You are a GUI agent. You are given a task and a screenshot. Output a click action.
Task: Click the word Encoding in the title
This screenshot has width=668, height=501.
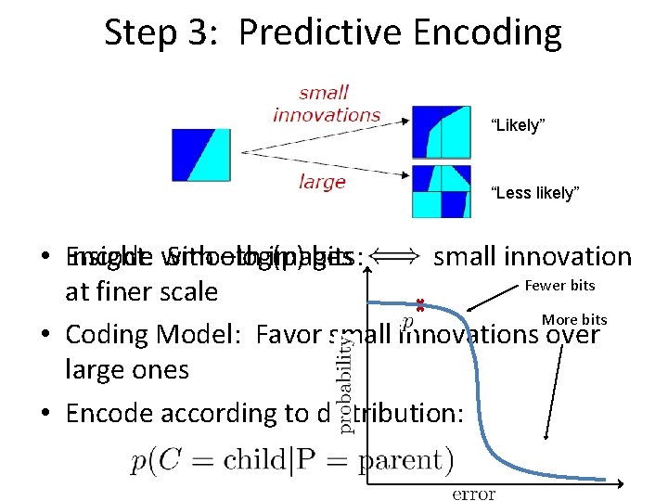point(488,32)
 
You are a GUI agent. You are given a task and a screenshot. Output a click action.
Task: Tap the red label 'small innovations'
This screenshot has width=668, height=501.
point(327,103)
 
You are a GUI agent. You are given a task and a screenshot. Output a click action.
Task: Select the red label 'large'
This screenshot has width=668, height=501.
point(322,181)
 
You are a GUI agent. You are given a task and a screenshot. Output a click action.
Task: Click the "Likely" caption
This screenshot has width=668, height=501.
point(516,126)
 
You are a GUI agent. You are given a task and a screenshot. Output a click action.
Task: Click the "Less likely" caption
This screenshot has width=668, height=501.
point(534,193)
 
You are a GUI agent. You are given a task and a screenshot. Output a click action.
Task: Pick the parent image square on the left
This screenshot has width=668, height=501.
point(200,155)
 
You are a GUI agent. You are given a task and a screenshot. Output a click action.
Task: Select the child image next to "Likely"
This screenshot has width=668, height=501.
point(441,131)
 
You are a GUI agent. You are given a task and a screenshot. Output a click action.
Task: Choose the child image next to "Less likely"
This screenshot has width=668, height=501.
point(441,191)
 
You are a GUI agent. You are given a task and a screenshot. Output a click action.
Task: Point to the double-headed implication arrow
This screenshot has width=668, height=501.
point(397,257)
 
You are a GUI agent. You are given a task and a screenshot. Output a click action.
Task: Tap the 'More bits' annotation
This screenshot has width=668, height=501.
point(574,319)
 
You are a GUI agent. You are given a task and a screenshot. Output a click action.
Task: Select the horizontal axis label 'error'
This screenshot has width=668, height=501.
point(473,494)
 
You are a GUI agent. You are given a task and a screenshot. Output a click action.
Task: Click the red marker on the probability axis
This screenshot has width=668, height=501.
point(419,303)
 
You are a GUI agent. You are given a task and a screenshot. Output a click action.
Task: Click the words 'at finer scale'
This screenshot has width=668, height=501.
point(141,292)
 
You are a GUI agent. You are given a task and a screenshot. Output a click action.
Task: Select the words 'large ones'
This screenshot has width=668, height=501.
point(127,369)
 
